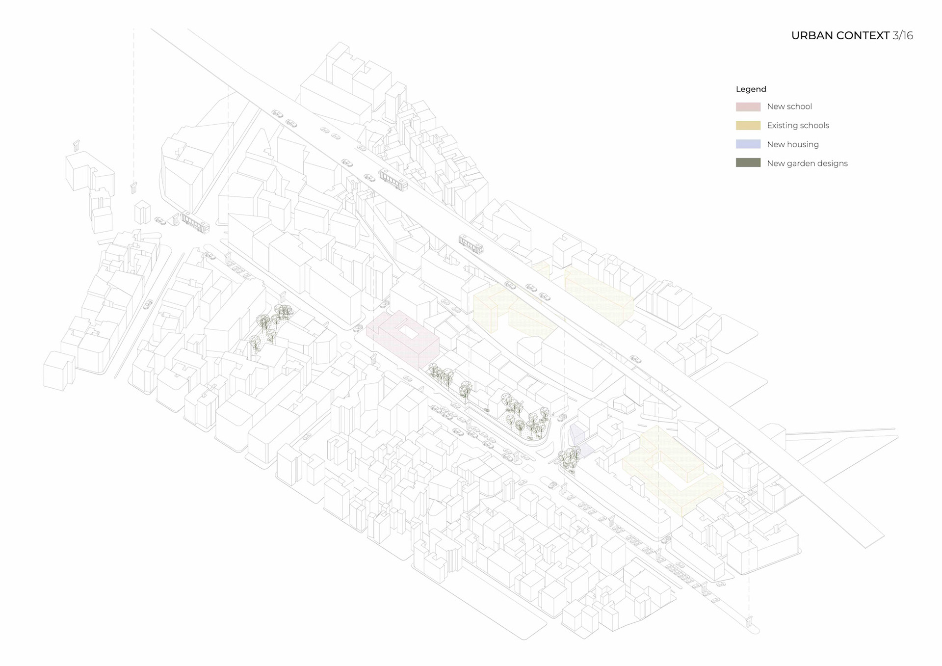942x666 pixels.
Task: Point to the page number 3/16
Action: point(903,36)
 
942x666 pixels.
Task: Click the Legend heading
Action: point(751,89)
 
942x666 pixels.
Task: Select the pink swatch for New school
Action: point(748,107)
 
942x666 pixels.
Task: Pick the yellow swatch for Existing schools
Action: point(748,126)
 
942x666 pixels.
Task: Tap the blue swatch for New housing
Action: point(748,144)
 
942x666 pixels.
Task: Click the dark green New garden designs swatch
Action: point(748,163)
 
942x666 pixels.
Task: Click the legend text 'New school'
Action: point(789,107)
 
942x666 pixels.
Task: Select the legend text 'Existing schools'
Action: point(798,126)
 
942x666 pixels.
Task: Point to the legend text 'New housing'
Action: point(792,144)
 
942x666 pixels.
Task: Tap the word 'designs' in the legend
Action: point(833,163)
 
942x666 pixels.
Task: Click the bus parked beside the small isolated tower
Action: point(195,222)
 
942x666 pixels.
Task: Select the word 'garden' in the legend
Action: point(799,163)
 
